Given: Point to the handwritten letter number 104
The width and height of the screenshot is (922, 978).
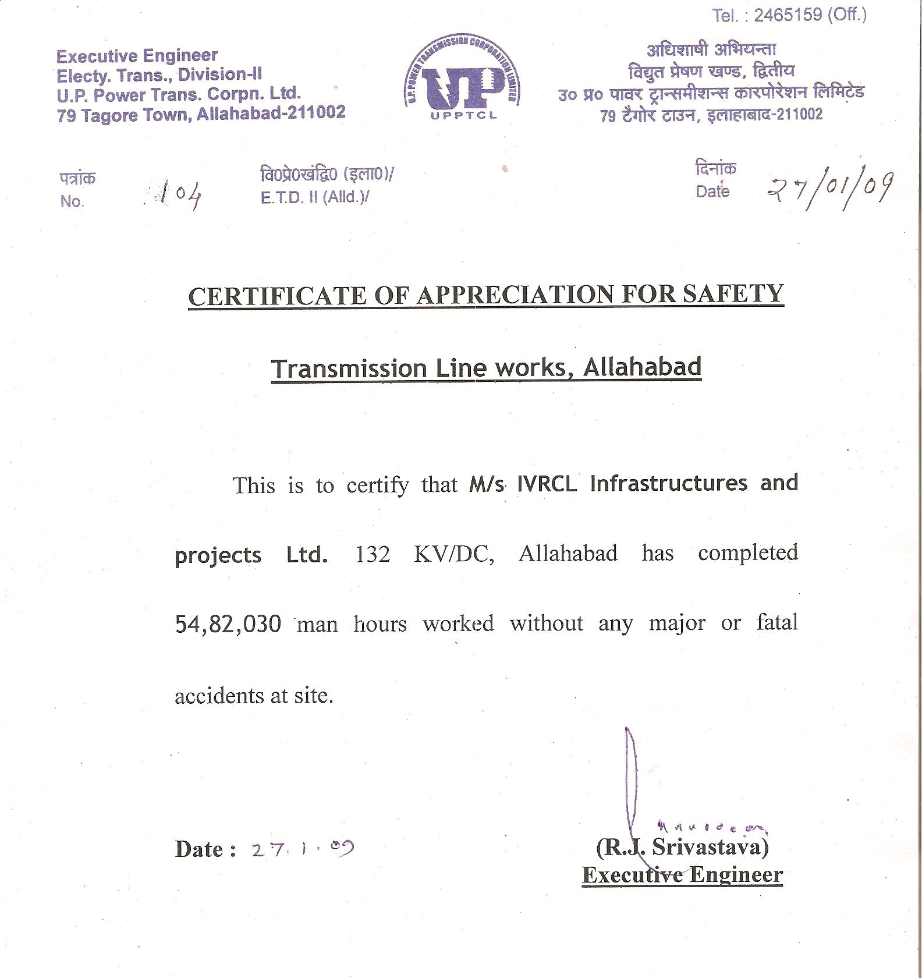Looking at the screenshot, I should (x=180, y=194).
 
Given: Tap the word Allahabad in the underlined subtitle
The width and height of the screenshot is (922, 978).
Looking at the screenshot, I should (x=642, y=367).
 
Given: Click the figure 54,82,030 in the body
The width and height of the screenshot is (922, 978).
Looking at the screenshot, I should (x=228, y=624).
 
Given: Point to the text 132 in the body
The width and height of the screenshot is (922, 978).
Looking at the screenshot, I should (x=373, y=553).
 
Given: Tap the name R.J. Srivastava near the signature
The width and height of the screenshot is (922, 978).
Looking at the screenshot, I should (x=682, y=846).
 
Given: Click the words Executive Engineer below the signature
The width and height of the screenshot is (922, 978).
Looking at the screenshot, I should (x=682, y=875).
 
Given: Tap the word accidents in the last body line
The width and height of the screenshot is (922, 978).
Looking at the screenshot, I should (x=214, y=696).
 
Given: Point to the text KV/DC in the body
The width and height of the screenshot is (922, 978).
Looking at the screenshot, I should (x=454, y=553).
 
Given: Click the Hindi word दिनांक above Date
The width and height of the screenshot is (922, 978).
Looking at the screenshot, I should (x=715, y=168).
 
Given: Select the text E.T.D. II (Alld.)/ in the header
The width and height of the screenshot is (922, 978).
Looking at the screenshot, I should (x=315, y=197).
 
